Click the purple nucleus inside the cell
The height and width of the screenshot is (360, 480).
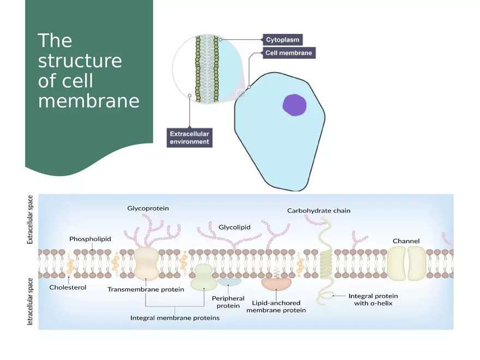(x=295, y=105)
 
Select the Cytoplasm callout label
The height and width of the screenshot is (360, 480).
(x=282, y=40)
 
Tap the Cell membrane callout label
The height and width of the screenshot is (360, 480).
(x=289, y=53)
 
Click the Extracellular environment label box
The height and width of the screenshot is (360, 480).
(x=189, y=137)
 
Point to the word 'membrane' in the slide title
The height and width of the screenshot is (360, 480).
(x=89, y=101)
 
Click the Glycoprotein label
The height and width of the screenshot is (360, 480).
(x=148, y=208)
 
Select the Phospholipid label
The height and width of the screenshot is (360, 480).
(x=90, y=239)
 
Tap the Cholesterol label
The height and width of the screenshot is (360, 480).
(x=68, y=287)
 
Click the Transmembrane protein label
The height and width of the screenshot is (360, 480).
(x=146, y=290)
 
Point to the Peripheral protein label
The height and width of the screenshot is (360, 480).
(x=228, y=302)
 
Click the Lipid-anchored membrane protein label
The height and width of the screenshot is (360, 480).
(x=276, y=307)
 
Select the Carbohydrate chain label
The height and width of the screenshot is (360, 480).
(x=319, y=211)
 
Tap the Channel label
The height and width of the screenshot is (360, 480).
(x=406, y=241)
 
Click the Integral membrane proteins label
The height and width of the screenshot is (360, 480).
(x=175, y=318)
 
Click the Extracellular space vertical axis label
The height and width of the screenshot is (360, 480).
(x=31, y=220)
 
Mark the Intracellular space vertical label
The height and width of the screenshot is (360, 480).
(x=31, y=302)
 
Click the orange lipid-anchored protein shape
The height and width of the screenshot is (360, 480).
(x=277, y=284)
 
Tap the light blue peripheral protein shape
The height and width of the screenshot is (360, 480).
(x=230, y=282)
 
